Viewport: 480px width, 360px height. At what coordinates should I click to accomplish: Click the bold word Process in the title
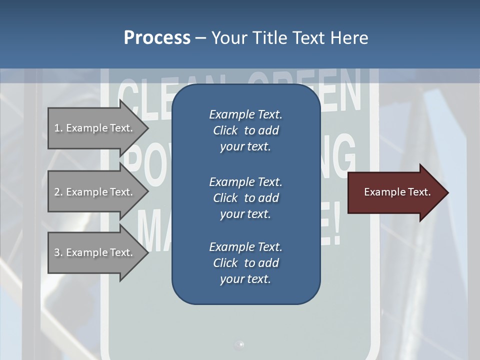tap(157, 38)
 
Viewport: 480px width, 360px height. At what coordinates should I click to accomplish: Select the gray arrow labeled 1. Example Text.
tap(95, 128)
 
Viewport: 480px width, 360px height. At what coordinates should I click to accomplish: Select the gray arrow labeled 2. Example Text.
tap(95, 192)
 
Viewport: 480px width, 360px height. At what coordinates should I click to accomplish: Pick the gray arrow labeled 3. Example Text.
tap(95, 252)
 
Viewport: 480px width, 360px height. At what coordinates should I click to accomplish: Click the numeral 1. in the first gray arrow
tap(58, 128)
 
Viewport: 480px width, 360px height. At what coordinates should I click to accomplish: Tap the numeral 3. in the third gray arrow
tap(58, 252)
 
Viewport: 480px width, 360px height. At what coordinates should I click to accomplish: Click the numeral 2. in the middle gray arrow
tap(58, 192)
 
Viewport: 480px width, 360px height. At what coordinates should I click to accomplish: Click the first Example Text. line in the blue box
tap(245, 114)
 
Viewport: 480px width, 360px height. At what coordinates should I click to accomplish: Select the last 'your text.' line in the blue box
tap(245, 279)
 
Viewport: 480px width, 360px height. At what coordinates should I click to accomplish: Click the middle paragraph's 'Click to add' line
tap(245, 198)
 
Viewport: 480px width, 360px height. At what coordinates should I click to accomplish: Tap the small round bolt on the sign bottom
tap(240, 344)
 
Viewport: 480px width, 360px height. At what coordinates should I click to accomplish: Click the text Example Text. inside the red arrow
tap(397, 192)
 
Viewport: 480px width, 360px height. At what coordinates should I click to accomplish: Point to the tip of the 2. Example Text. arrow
tap(147, 192)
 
